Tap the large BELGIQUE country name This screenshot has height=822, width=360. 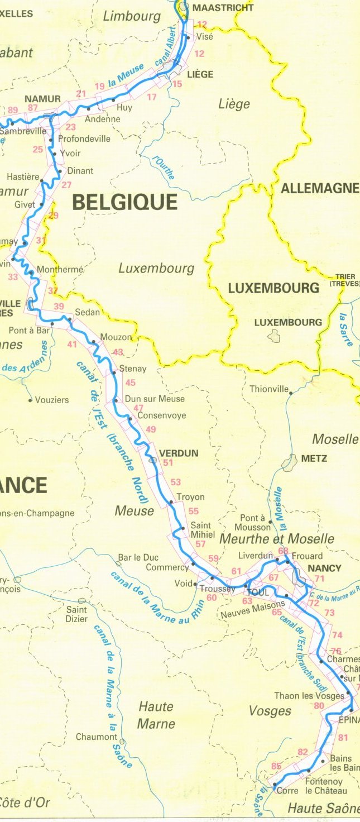(x=125, y=202)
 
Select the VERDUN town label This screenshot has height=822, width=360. (x=179, y=453)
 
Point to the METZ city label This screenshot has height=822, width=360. (x=314, y=458)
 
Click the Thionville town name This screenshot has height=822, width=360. (x=269, y=389)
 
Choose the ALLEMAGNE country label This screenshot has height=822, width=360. (x=320, y=189)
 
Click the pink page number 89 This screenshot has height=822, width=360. (x=13, y=110)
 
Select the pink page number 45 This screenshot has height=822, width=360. (x=131, y=383)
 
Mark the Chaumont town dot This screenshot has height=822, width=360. (x=122, y=742)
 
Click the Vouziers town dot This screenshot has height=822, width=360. (x=30, y=400)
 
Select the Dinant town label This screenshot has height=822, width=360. (x=80, y=171)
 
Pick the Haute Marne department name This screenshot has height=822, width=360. (x=156, y=715)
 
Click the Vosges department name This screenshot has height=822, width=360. (x=270, y=710)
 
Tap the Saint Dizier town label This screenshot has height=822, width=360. (x=76, y=614)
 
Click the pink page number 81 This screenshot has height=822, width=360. (x=343, y=738)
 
